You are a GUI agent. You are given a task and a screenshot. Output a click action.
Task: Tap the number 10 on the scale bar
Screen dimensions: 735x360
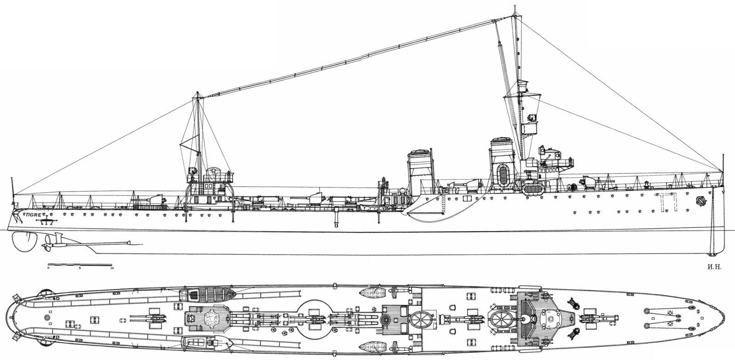[112, 269]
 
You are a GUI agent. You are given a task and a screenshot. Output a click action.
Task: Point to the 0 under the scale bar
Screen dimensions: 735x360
[48, 269]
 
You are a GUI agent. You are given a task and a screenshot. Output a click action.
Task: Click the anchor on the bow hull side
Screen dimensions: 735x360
[701, 200]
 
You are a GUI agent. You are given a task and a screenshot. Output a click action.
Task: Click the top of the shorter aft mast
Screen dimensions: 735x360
[198, 94]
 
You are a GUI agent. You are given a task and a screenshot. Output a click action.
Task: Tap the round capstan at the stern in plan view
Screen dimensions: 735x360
[48, 317]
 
